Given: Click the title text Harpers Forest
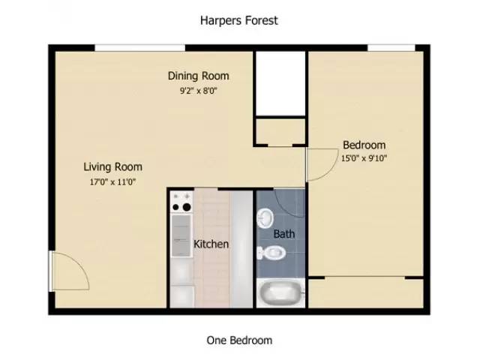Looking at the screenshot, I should click(x=239, y=20).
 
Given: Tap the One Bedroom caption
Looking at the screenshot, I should click(x=239, y=340).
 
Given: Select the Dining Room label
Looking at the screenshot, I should click(x=198, y=76).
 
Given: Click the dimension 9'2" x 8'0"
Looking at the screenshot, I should click(x=198, y=90).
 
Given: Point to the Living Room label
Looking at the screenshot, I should click(x=112, y=166).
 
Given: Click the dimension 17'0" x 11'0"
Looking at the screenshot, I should click(x=112, y=181).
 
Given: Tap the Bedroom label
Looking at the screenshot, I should click(x=364, y=145).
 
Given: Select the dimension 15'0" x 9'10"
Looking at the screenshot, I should click(x=364, y=158).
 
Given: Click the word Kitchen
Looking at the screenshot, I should click(x=211, y=244).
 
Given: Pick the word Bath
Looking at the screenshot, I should click(x=284, y=234).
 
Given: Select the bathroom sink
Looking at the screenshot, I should click(x=266, y=217).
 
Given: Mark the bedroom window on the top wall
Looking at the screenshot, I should click(x=391, y=48).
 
